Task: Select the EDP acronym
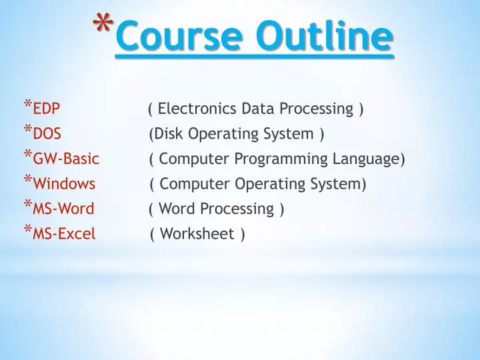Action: click(47, 109)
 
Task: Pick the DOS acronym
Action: click(47, 134)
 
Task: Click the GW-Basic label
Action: click(66, 159)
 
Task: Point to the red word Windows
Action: click(64, 184)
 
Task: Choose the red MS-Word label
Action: click(63, 209)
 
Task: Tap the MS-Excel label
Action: click(64, 234)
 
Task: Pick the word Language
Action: click(369, 159)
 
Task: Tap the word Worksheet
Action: click(197, 234)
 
